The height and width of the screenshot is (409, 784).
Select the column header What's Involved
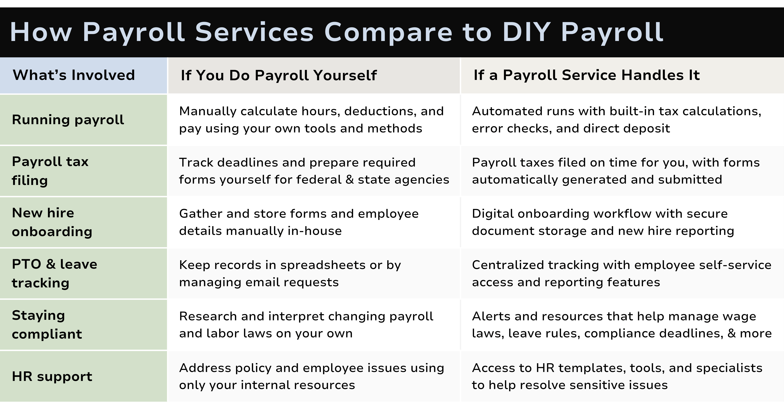tap(74, 75)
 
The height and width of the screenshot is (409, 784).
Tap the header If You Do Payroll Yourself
tap(279, 75)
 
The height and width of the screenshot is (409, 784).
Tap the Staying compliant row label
tap(47, 325)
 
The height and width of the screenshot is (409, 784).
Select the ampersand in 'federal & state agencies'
tap(350, 179)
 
